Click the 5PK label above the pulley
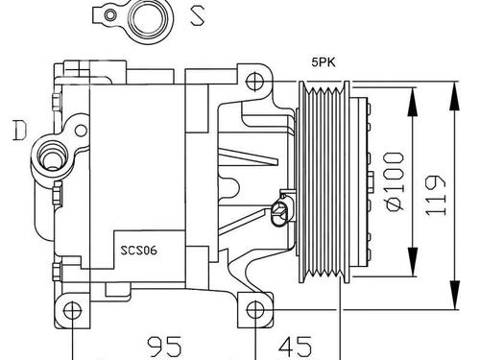click(x=324, y=62)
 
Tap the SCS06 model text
click(x=138, y=250)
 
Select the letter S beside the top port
click(x=197, y=16)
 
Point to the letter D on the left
click(x=19, y=131)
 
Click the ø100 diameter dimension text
click(x=395, y=181)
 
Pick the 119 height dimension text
click(x=436, y=195)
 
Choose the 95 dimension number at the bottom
click(x=164, y=347)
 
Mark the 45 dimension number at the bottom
click(x=295, y=347)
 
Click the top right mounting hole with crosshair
click(x=255, y=82)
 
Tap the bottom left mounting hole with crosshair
click(x=73, y=310)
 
